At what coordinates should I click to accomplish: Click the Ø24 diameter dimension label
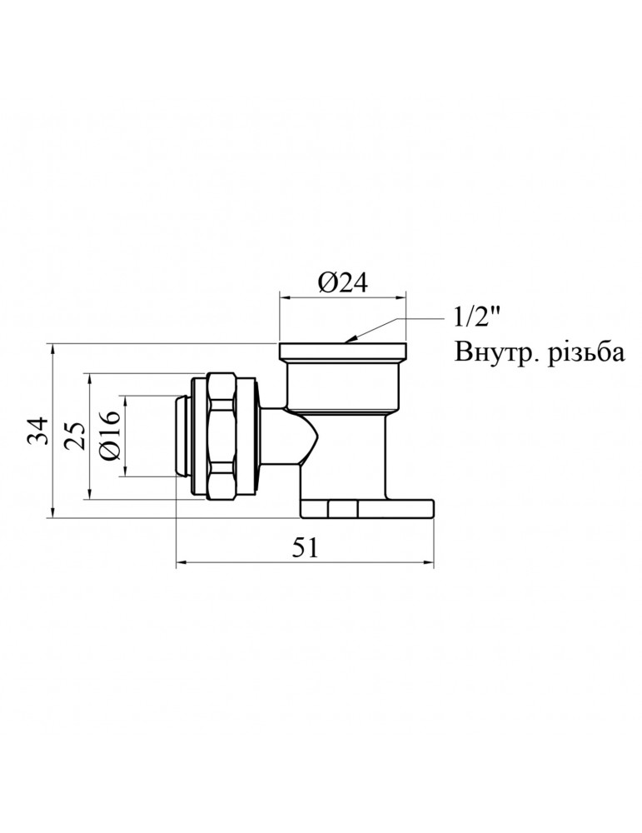[x=342, y=283]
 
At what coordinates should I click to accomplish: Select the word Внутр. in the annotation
[x=493, y=353]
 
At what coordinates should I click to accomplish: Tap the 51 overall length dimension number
[x=305, y=546]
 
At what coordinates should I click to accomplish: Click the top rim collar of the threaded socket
[x=343, y=350]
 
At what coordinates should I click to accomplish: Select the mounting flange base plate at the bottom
[x=366, y=508]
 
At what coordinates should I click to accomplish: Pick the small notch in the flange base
[x=343, y=507]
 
